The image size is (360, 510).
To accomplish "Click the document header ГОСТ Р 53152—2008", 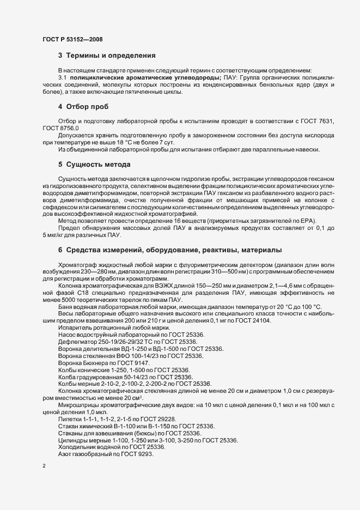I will (72, 39).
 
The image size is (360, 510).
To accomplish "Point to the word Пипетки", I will (69, 418).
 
